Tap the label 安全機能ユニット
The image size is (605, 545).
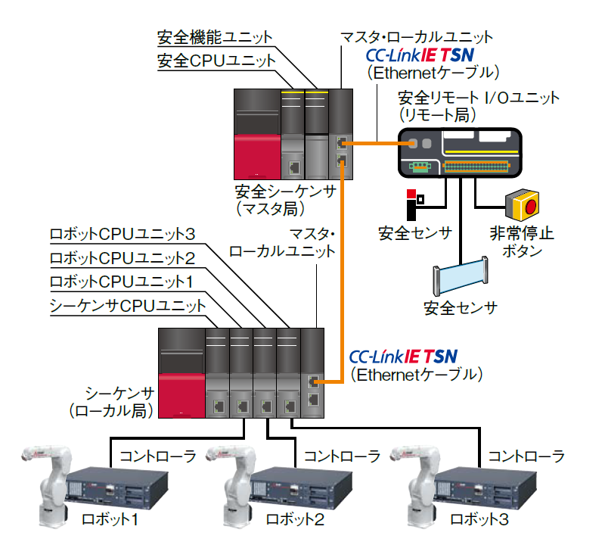click(x=214, y=36)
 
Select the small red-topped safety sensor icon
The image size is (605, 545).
click(x=413, y=203)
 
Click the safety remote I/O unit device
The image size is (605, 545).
click(x=460, y=152)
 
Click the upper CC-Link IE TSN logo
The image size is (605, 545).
click(x=420, y=55)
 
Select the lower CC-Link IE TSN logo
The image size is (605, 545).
click(x=403, y=355)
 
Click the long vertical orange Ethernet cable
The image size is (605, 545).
click(x=345, y=265)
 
